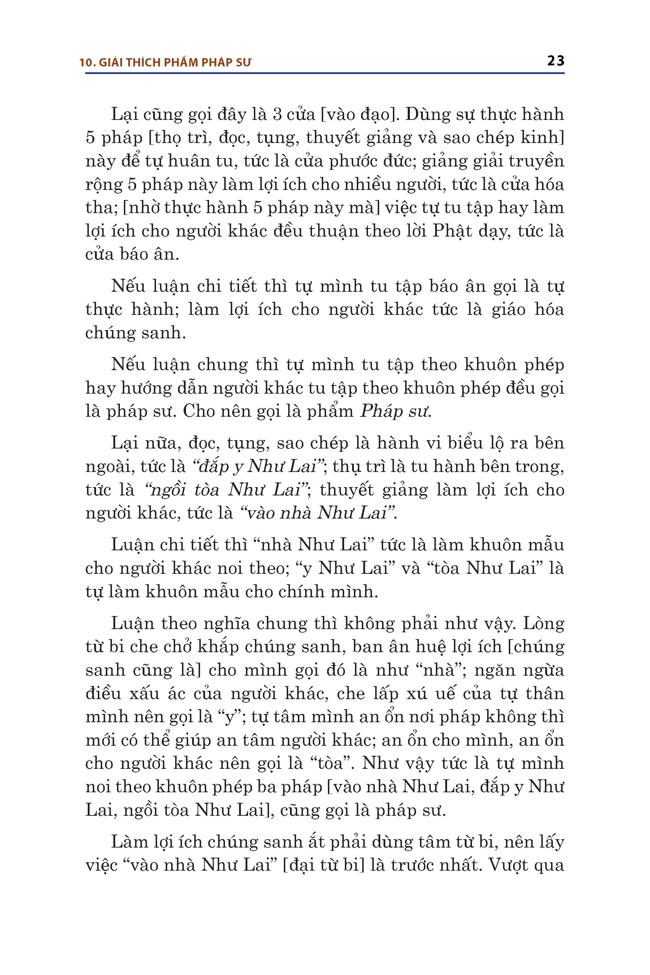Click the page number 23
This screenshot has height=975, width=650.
[x=555, y=61]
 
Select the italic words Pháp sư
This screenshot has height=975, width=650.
[x=395, y=411]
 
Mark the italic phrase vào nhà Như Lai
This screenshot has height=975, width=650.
[x=317, y=513]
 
